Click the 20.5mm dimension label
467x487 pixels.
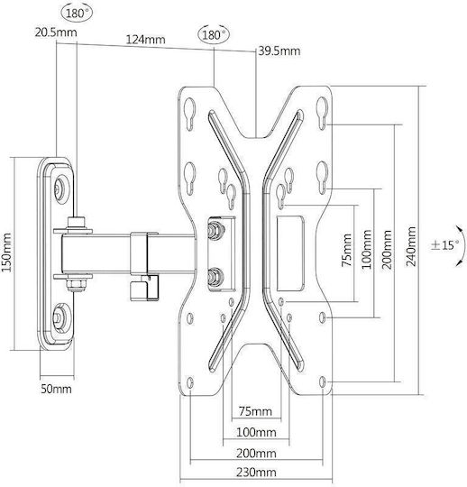pos(56,32)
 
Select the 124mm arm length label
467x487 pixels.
pos(145,40)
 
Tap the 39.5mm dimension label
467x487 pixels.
pos(279,51)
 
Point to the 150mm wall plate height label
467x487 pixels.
pos(6,253)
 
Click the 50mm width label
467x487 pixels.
pos(56,389)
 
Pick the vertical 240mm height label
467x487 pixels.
pos(411,246)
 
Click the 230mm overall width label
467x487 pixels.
pos(256,473)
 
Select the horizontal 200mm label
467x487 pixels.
pos(256,453)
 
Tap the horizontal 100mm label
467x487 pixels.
pos(256,432)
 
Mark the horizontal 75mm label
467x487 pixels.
pos(255,411)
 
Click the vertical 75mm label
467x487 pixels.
pos(347,250)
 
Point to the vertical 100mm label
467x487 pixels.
pos(367,249)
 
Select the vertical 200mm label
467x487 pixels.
pos(387,250)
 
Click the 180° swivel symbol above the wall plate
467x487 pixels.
pos(78,14)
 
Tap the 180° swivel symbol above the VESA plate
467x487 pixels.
pos(214,34)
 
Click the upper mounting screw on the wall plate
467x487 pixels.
pos(59,188)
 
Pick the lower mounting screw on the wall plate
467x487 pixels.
pos(59,317)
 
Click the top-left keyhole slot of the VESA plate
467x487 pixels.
pos(189,113)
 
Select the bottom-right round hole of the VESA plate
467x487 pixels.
pos(323,381)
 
